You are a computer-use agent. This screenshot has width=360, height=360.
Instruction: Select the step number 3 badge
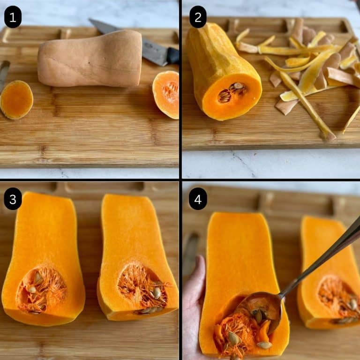13,199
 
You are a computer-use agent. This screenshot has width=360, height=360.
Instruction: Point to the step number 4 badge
198,199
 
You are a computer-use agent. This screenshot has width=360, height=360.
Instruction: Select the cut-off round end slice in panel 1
16,99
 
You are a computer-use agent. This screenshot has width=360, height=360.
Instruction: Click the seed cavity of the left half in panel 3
41,289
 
